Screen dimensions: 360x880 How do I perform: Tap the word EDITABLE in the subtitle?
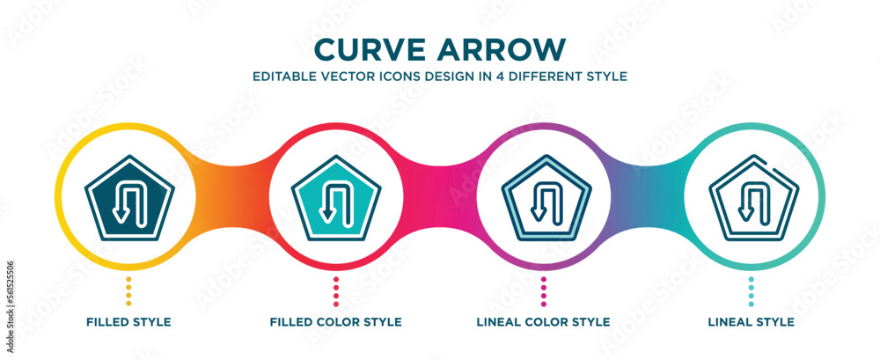click(283, 77)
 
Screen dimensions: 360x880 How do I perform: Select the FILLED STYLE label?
click(128, 322)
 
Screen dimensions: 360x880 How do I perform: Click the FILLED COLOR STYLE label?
click(336, 322)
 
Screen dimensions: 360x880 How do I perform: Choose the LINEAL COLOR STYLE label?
click(543, 322)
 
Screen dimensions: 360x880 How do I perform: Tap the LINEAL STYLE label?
click(751, 322)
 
